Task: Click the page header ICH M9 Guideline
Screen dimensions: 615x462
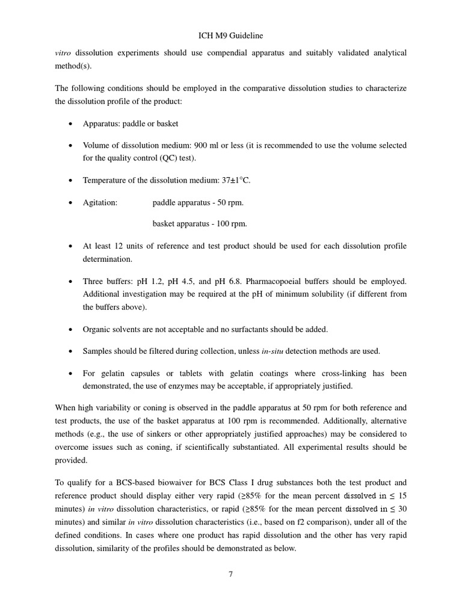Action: [x=231, y=37]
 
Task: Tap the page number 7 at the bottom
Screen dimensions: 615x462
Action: [x=230, y=574]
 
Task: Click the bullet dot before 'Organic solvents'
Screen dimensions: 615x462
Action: [x=70, y=330]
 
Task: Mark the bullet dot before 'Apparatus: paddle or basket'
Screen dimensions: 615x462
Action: [x=70, y=124]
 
